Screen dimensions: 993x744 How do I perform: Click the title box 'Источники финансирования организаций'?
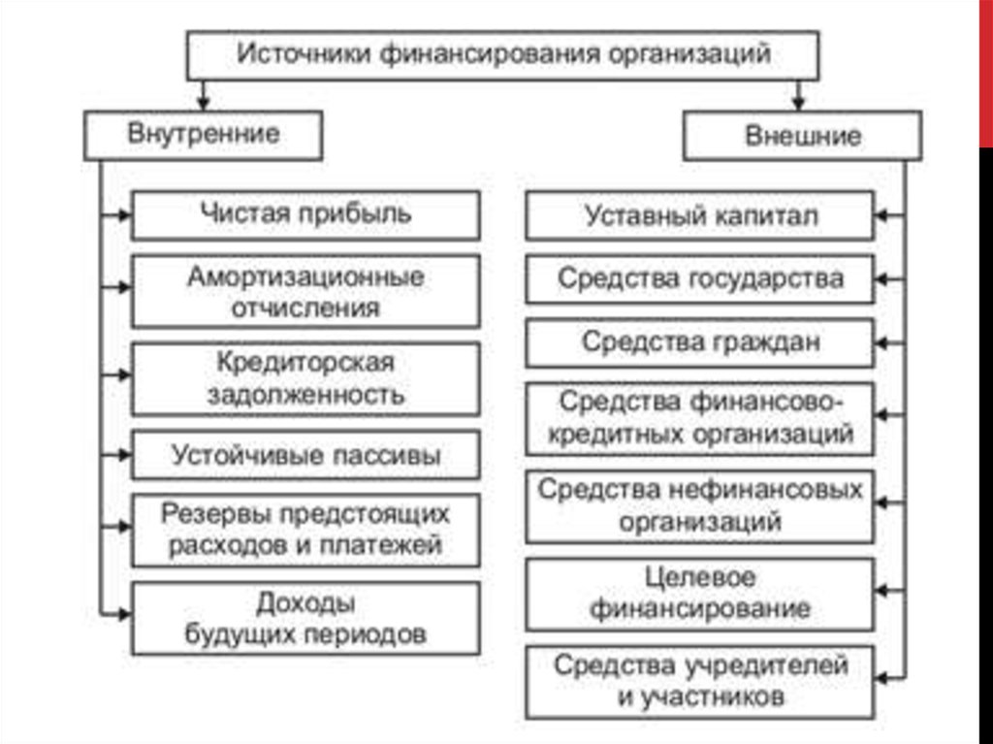point(503,55)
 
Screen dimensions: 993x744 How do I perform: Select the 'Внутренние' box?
point(204,135)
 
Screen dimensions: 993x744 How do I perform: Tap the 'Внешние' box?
point(802,136)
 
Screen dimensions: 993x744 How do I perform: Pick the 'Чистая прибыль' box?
point(305,215)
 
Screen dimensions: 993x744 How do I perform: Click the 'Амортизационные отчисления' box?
point(305,292)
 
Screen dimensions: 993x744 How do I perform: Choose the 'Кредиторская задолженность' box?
point(305,379)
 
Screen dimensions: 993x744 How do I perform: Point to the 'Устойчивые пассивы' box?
point(305,454)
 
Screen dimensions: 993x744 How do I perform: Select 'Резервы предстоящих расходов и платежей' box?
point(305,530)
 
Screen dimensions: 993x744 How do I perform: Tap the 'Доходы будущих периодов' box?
point(305,618)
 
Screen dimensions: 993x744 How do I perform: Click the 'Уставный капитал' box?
point(700,215)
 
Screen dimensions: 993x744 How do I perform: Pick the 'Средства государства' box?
point(700,278)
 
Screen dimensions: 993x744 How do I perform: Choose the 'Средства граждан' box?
point(700,342)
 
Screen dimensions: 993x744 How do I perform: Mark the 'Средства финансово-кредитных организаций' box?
point(700,418)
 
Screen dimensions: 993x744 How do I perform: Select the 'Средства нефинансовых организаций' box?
point(700,506)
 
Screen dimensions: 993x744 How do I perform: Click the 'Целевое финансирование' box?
point(700,594)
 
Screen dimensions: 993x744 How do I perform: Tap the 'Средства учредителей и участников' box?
point(700,682)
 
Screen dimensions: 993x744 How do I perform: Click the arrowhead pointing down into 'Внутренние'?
point(204,104)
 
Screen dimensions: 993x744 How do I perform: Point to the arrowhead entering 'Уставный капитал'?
point(881,215)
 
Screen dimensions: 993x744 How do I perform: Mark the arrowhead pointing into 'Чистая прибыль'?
point(124,215)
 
